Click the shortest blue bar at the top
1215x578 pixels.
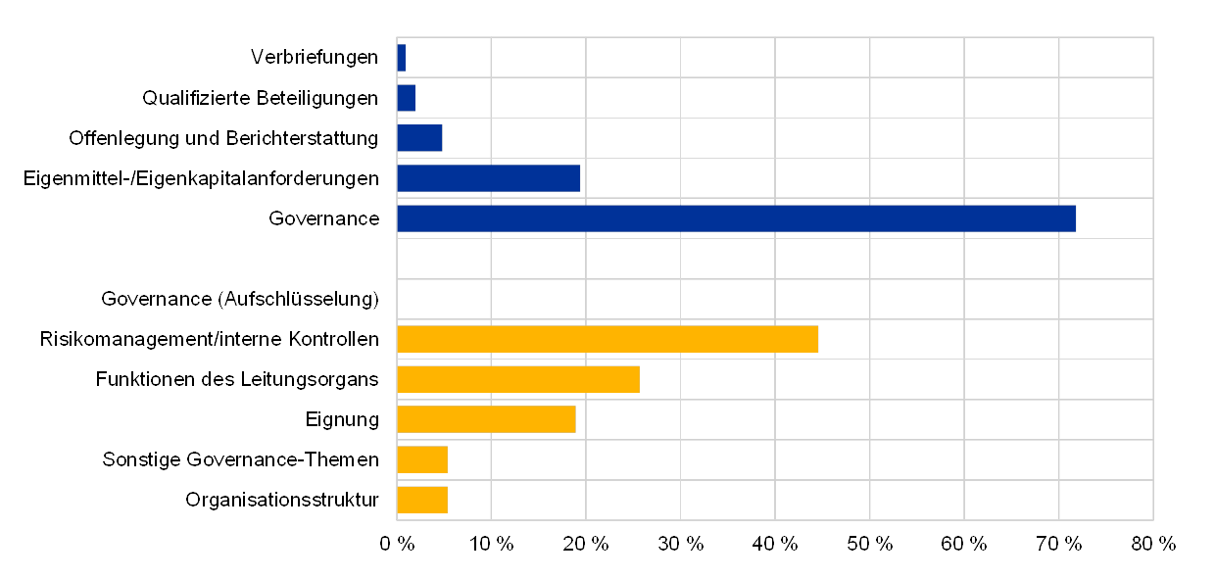coord(401,58)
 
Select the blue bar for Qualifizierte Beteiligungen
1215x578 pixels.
coord(406,98)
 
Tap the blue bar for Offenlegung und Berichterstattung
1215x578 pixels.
coord(419,138)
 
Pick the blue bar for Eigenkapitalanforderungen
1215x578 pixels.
coord(488,178)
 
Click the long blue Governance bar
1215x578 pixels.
coord(736,218)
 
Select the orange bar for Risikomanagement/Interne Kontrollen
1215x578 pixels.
coord(607,339)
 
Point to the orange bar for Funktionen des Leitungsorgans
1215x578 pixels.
coord(517,379)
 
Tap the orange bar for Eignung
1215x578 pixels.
coord(486,419)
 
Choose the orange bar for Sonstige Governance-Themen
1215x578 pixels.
coord(422,459)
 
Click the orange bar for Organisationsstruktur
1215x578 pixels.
coord(422,500)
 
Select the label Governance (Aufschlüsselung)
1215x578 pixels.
coord(240,299)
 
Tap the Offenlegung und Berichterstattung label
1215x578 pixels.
coord(222,138)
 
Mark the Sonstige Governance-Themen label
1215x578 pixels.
coord(240,459)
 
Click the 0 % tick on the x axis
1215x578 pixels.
coord(397,545)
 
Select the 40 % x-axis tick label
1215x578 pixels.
coord(775,545)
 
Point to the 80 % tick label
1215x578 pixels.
coord(1153,545)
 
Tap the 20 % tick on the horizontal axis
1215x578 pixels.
coord(586,545)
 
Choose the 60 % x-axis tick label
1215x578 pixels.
coord(964,545)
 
